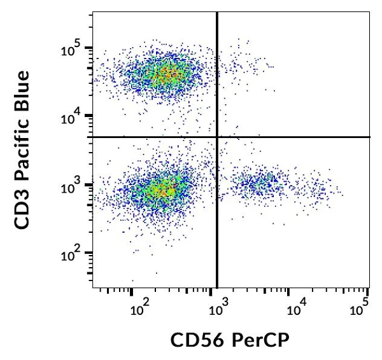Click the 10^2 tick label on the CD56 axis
click(x=139, y=310)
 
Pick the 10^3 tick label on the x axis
click(x=218, y=310)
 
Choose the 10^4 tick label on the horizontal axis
click(x=295, y=310)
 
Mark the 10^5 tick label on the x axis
click(x=360, y=310)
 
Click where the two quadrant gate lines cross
click(x=218, y=137)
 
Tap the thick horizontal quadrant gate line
click(x=293, y=137)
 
